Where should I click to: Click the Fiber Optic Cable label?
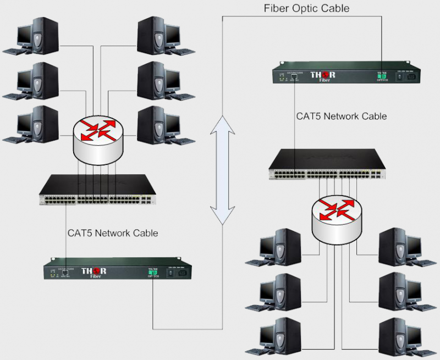pyautogui.click(x=306, y=8)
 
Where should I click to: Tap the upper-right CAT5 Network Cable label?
pyautogui.click(x=341, y=117)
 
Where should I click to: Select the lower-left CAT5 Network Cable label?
pyautogui.click(x=113, y=233)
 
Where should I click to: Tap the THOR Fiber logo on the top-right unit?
pyautogui.click(x=323, y=75)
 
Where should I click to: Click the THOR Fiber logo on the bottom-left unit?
pyautogui.click(x=94, y=272)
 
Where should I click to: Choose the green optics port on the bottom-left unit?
pyautogui.click(x=152, y=272)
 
